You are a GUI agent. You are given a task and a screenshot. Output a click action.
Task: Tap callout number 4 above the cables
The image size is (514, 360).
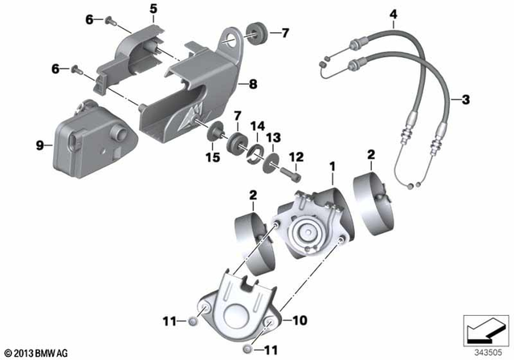(393, 14)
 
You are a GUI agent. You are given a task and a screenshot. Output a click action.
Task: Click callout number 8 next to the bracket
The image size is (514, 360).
(251, 83)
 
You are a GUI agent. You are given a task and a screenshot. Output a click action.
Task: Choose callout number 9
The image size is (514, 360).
(39, 145)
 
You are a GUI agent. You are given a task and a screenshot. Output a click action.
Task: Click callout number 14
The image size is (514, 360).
(258, 126)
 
